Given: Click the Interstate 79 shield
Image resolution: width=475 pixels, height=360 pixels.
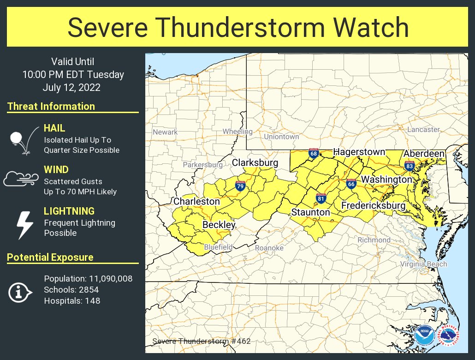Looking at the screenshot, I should coord(240,186).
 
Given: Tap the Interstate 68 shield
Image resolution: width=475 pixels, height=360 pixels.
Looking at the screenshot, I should coord(314,153).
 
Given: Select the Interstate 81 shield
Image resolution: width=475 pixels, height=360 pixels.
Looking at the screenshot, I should coord(321,198).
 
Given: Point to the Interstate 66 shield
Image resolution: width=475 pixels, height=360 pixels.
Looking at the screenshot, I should coord(351,184).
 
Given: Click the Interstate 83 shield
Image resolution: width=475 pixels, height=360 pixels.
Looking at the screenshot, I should coord(409,166).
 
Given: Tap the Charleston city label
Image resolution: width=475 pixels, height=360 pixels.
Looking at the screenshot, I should coord(196,202).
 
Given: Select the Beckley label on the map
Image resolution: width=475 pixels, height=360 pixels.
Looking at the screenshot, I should coord(219,225).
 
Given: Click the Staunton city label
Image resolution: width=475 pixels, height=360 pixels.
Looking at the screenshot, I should coord(310,212).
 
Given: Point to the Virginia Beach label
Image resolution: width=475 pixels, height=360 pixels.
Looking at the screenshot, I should coord(423,264).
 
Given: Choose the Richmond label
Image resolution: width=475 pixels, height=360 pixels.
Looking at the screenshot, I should coord(374,240).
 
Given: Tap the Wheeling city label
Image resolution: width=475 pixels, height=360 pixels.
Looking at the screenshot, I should coord(237,132).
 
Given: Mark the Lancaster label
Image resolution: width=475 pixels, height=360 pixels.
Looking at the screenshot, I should coord(423,130).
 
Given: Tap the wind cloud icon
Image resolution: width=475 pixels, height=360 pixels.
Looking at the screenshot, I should coord(20,179).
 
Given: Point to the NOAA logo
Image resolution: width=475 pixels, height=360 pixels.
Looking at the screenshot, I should coord(424,335).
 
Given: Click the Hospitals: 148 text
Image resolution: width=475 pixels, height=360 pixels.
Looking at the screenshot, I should coord(72,301).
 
